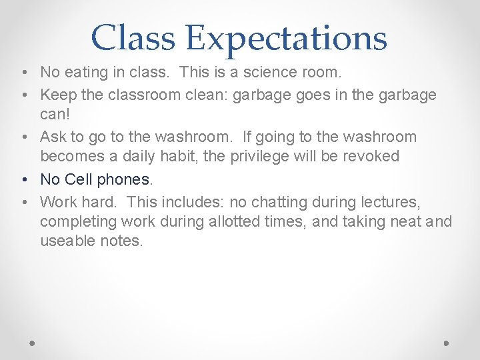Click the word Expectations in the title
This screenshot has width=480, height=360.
[287, 37]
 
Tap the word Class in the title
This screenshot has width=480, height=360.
[133, 37]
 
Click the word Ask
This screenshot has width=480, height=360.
[54, 137]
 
